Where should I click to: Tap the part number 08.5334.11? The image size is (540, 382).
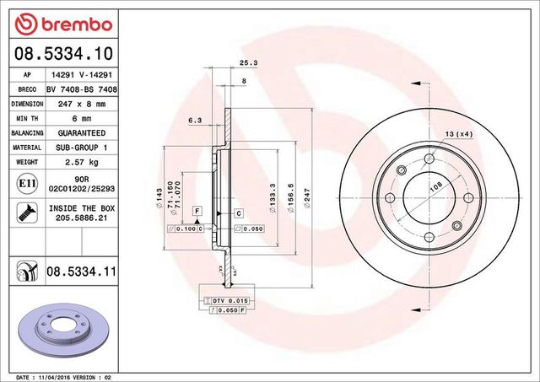(79, 271)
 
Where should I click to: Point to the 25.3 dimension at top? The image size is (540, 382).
(248, 63)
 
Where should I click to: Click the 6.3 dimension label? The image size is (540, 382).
(194, 120)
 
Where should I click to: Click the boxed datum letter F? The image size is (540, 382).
(196, 209)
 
